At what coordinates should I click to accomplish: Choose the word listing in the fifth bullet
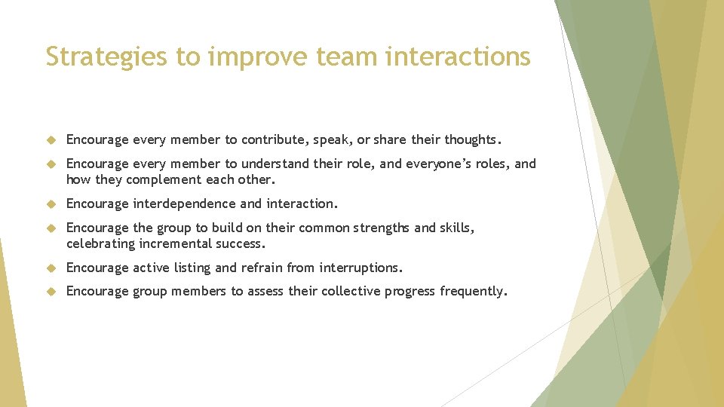click(x=194, y=268)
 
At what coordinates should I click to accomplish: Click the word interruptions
click(x=360, y=268)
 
